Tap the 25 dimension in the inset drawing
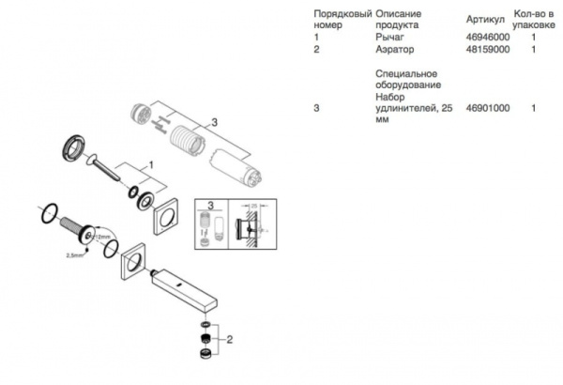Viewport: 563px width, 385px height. click(x=253, y=204)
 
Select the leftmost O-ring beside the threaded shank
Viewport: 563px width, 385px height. click(x=46, y=212)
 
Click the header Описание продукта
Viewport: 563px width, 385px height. click(x=404, y=20)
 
